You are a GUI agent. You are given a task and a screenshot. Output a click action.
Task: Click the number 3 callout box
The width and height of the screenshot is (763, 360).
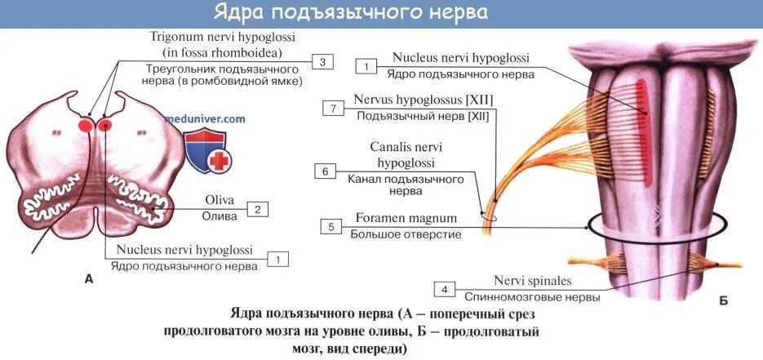tap(322, 62)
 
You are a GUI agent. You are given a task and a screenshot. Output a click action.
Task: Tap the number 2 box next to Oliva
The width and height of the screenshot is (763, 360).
tap(256, 209)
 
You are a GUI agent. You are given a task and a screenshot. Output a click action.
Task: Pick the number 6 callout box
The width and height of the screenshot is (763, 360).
tap(324, 171)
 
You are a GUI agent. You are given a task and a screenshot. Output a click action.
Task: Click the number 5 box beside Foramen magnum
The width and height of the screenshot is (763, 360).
tap(331, 226)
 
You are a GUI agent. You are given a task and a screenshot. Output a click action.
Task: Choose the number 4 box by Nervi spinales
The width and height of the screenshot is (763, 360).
tap(444, 290)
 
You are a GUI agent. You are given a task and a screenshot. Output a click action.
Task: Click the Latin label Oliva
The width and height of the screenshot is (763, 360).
tap(220, 201)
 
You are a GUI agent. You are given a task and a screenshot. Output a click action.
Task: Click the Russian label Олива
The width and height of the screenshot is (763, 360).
tap(220, 216)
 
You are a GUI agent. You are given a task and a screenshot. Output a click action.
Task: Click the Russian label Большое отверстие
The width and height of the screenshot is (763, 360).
tap(406, 234)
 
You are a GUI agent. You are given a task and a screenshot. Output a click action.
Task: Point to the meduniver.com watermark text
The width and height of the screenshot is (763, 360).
tap(205, 118)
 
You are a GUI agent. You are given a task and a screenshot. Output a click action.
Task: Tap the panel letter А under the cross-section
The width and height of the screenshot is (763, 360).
tap(89, 279)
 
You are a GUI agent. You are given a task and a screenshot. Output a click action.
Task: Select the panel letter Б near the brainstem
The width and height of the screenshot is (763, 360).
tap(723, 301)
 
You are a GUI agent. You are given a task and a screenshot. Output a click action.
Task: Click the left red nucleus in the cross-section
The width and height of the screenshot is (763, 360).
tap(85, 126)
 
